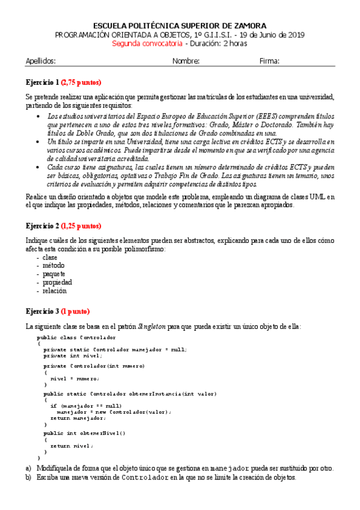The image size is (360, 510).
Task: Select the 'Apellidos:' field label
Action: click(x=41, y=61)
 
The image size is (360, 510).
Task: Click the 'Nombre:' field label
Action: click(x=186, y=61)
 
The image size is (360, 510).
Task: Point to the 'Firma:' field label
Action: click(x=269, y=61)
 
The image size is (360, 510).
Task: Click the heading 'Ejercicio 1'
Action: click(x=42, y=82)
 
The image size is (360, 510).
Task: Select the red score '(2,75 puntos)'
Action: click(x=81, y=82)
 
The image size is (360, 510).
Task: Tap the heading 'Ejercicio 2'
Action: click(x=42, y=226)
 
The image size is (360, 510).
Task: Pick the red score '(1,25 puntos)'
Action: click(x=81, y=226)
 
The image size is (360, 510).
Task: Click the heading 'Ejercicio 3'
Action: click(x=42, y=312)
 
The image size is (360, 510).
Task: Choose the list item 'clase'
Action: click(x=50, y=257)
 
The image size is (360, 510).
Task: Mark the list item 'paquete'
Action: click(x=53, y=274)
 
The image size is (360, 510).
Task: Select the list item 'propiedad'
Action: click(x=57, y=282)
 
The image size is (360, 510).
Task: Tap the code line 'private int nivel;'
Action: click(x=73, y=355)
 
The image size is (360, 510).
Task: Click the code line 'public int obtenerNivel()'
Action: click(x=85, y=433)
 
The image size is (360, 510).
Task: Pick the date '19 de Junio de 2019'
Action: click(x=271, y=35)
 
